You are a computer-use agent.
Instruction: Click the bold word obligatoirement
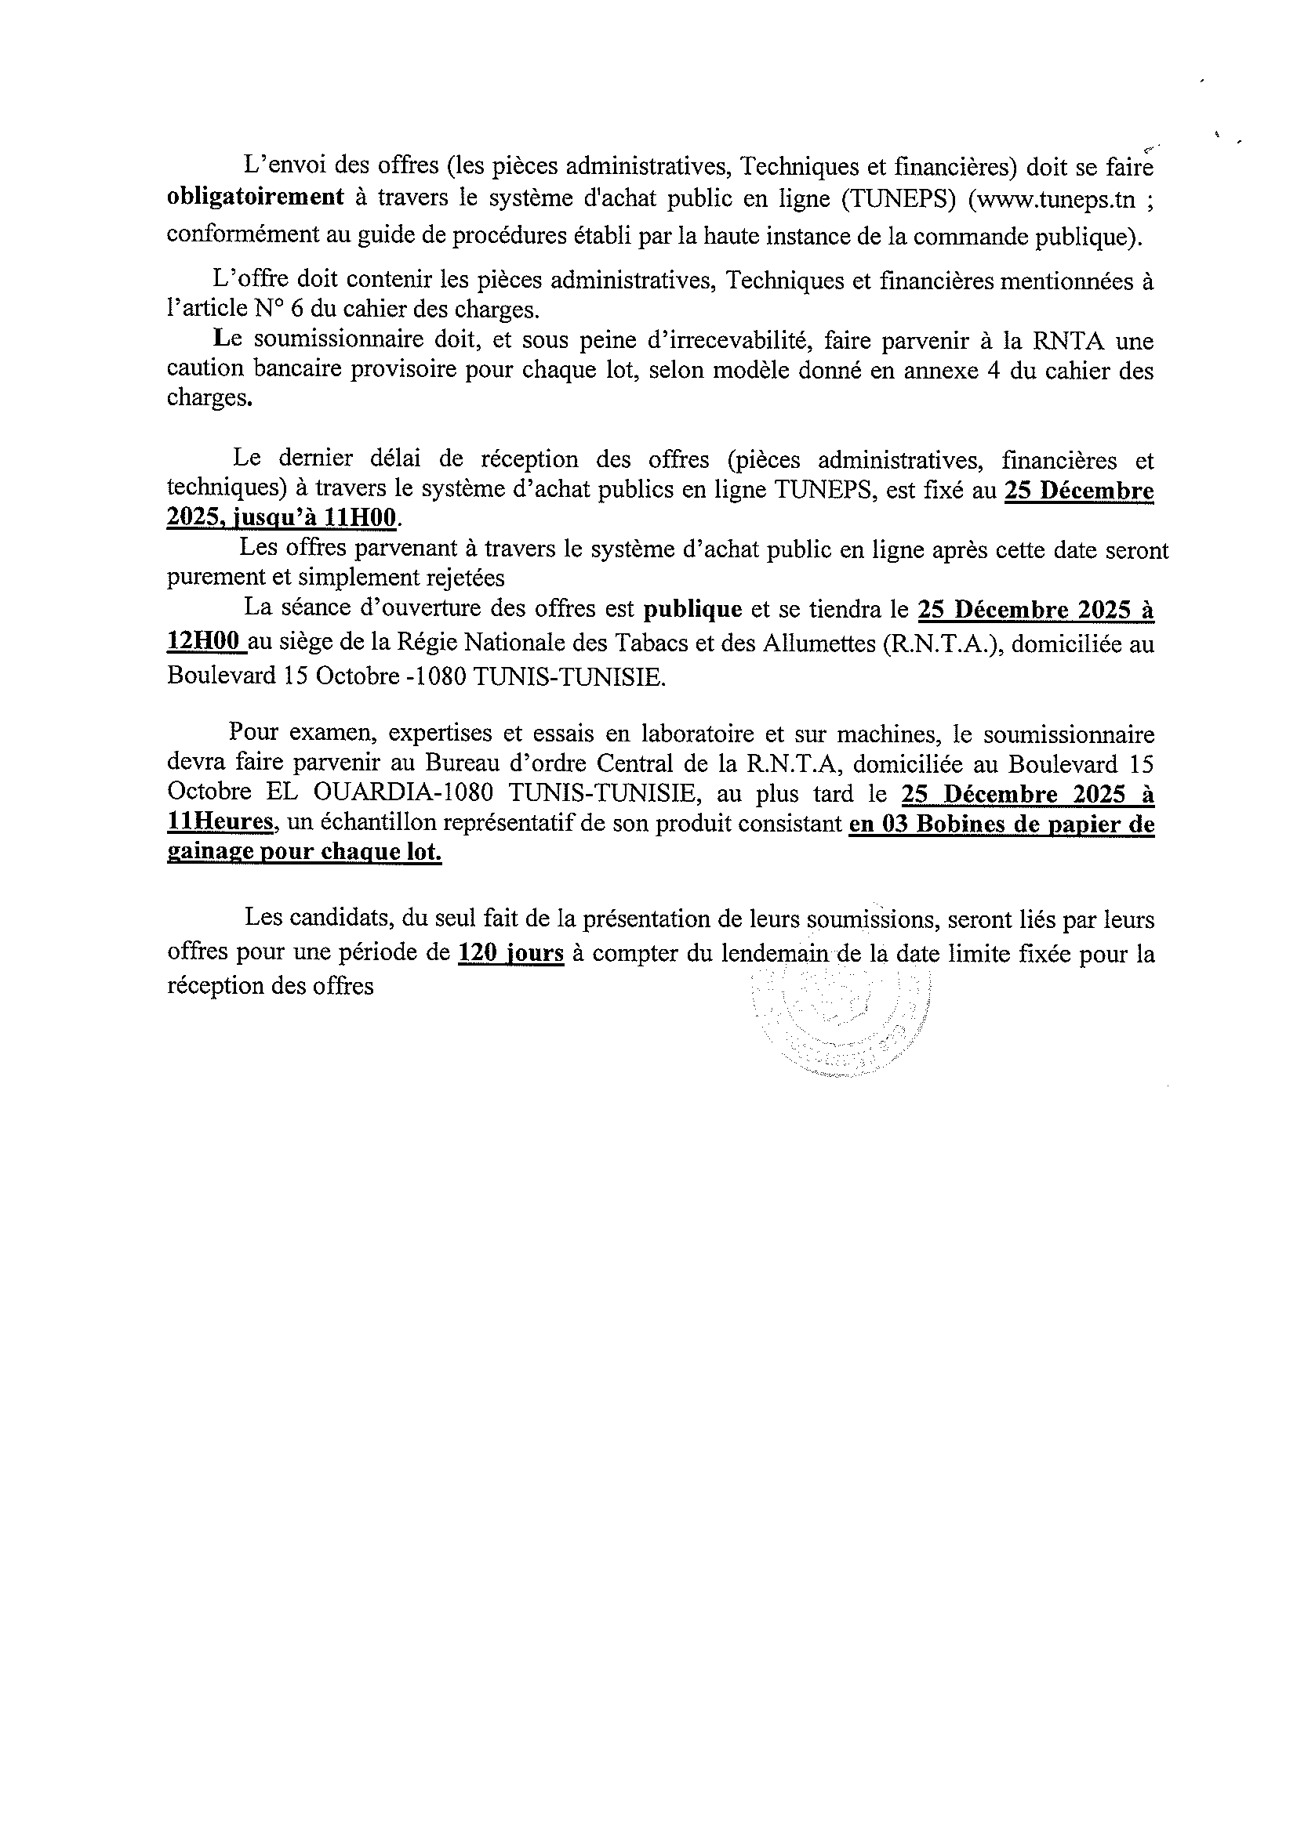click(255, 198)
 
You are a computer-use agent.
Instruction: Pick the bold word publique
click(693, 609)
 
